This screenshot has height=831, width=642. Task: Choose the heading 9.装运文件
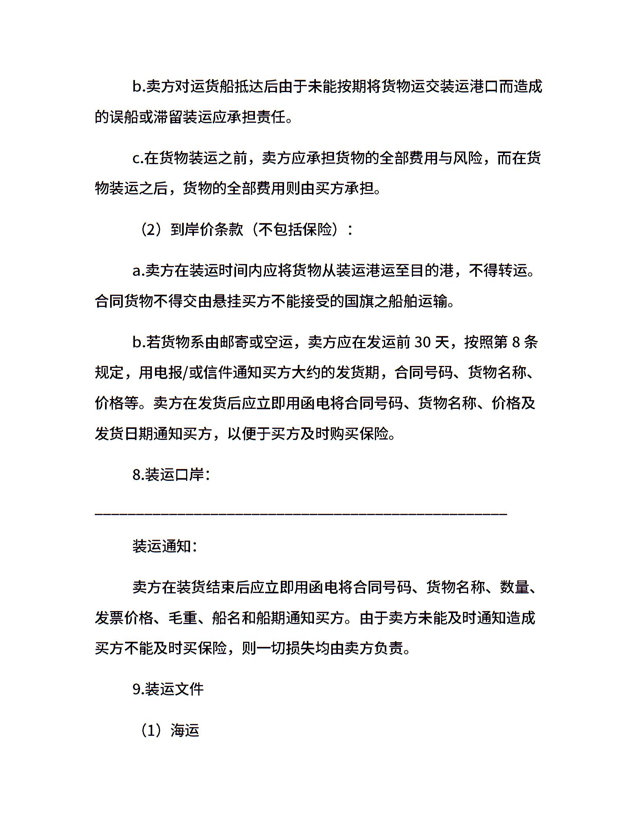(x=168, y=689)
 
